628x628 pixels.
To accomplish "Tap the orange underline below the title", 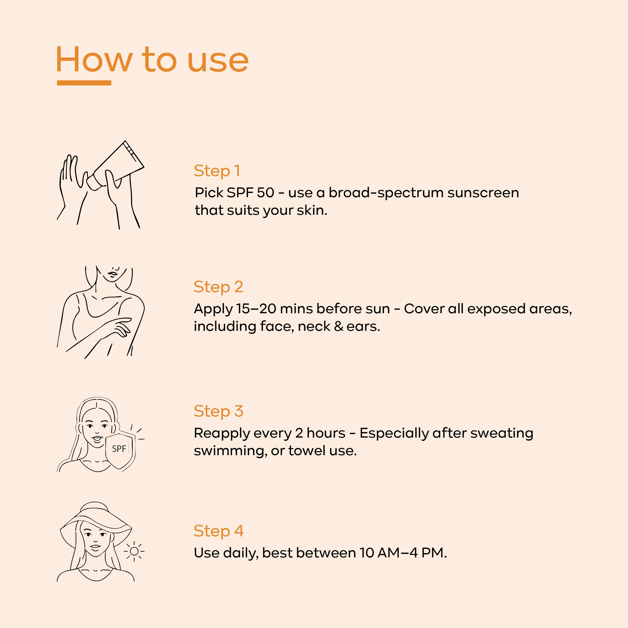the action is [84, 83].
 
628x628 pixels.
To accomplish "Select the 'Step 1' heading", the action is [217, 171].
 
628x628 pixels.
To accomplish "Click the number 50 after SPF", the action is [265, 193].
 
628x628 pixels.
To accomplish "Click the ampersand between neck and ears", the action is [338, 326].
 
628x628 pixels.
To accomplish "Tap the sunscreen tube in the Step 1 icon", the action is [115, 166].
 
